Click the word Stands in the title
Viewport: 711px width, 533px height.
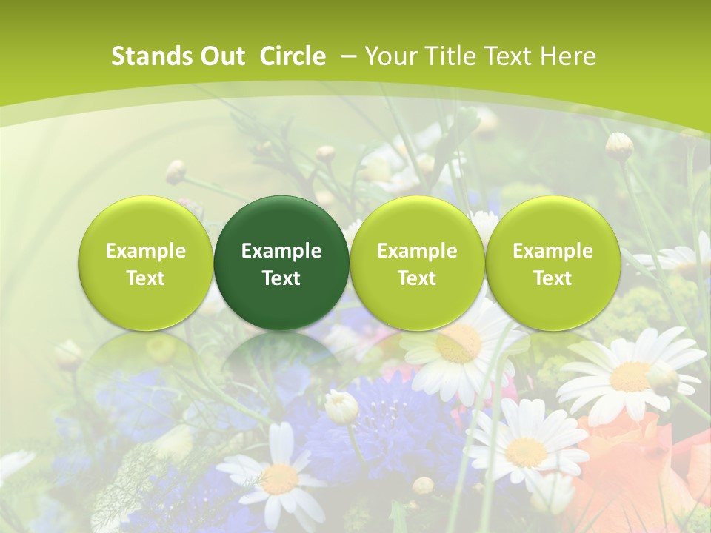point(147,56)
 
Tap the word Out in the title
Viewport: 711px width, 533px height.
point(220,56)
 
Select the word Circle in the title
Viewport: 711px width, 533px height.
point(293,56)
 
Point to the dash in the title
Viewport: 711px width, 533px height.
point(348,56)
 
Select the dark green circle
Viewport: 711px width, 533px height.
point(281,263)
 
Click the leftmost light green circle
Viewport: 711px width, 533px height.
point(145,263)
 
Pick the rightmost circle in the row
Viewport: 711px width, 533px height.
point(553,263)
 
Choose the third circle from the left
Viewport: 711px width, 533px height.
point(417,263)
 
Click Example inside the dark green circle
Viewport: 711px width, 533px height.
point(281,251)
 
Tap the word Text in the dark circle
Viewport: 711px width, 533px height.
point(281,278)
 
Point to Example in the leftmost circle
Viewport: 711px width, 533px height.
point(145,251)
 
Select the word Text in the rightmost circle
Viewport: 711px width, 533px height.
point(553,278)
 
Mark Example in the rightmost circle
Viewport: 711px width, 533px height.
point(553,251)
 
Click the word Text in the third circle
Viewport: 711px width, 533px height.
point(417,278)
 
